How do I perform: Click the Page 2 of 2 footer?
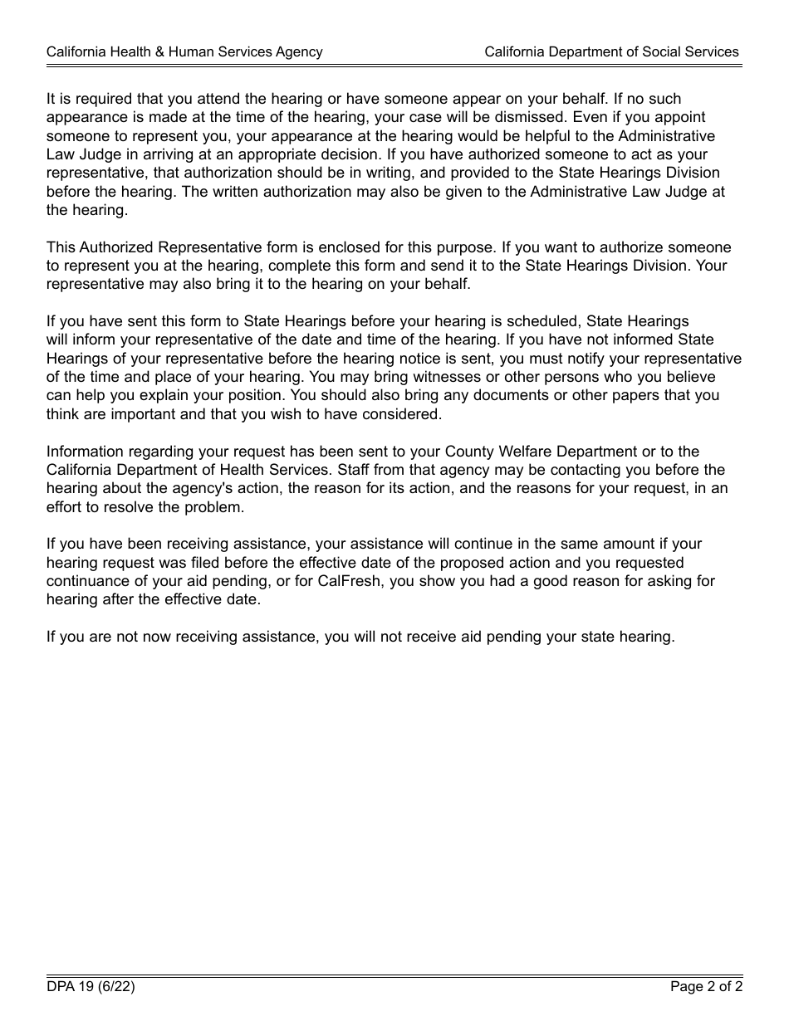(706, 987)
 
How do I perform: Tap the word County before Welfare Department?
(469, 452)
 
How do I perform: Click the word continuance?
(89, 581)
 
